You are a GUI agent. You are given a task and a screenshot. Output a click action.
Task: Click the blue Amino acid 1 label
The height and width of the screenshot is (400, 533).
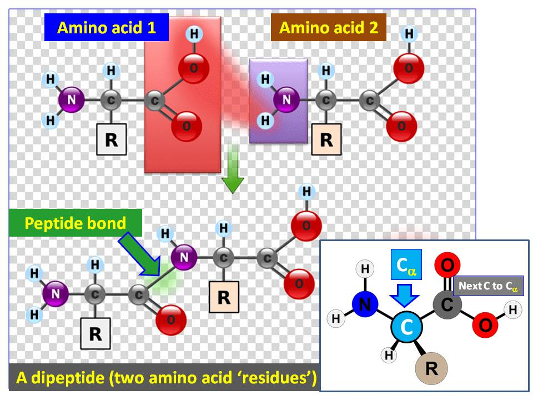[107, 28]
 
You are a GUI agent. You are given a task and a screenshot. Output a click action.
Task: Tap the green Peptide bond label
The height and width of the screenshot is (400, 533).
[76, 223]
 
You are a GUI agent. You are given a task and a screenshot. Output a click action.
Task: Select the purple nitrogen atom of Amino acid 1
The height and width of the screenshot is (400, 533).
[72, 101]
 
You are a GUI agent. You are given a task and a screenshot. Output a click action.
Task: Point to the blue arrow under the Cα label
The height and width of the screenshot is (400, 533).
[406, 294]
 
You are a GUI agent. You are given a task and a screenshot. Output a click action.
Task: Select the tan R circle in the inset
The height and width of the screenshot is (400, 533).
[431, 369]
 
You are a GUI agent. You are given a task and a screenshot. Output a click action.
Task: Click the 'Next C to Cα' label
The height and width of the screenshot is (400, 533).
[489, 286]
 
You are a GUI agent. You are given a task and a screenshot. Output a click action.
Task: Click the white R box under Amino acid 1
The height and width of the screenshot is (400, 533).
[112, 139]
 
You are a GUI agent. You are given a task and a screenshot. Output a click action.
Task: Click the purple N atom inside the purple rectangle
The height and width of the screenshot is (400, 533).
[286, 100]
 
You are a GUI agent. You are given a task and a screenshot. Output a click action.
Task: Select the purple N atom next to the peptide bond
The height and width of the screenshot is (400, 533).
[184, 257]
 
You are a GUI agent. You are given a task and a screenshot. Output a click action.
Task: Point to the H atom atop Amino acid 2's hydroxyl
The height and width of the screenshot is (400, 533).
[409, 34]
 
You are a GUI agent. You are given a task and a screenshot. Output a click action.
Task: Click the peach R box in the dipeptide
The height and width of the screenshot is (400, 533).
[224, 297]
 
